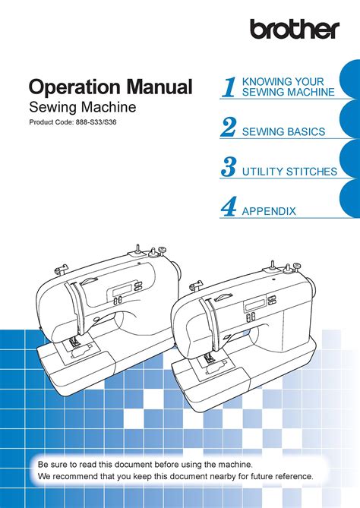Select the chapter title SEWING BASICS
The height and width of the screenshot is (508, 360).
point(283,132)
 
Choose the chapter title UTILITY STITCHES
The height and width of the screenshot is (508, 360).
point(289,172)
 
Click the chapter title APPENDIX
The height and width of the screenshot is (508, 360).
point(268,212)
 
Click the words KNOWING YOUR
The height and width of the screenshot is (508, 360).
point(283,82)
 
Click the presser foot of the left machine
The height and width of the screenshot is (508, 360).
point(77,346)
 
